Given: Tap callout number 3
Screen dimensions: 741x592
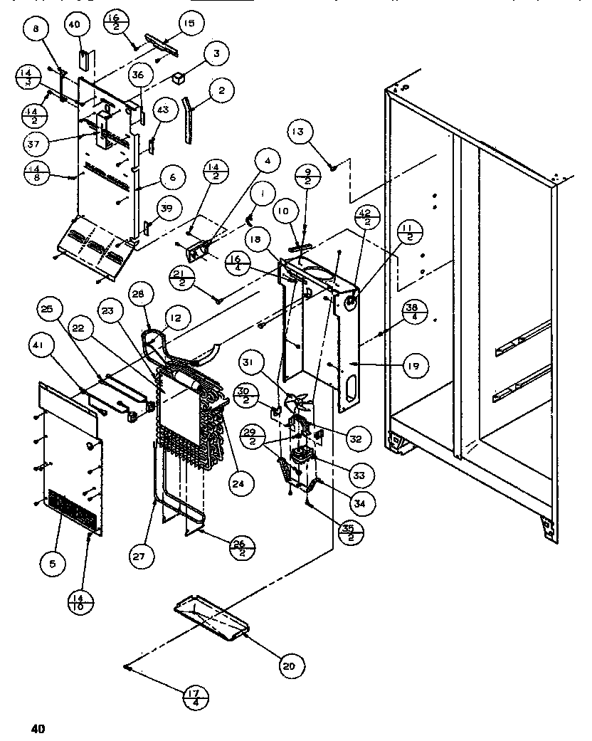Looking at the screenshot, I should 215,53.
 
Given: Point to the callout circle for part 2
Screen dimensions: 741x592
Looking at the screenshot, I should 222,90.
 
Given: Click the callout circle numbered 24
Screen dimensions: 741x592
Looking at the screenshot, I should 241,485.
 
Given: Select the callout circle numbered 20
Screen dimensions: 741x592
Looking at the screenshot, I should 288,666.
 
